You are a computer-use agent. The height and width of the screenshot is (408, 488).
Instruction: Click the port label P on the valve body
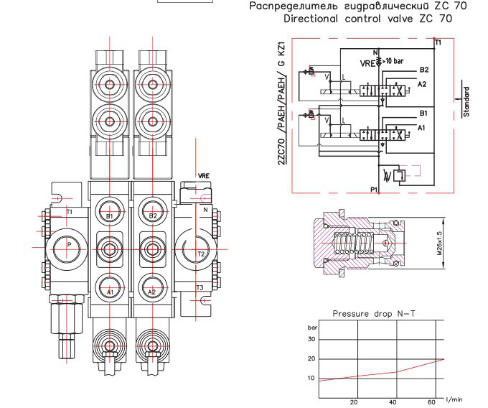[69, 244]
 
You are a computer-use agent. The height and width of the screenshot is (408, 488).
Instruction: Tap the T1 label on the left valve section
[70, 212]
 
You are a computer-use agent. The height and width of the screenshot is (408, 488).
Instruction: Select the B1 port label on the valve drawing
[110, 215]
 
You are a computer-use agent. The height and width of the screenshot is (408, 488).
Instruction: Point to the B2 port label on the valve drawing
[152, 215]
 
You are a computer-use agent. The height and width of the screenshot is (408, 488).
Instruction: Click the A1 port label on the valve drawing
[110, 292]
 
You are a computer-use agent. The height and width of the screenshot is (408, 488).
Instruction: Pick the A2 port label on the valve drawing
[152, 292]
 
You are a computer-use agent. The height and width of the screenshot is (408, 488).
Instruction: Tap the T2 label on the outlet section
[202, 254]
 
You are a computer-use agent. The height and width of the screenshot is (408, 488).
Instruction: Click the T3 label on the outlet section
[202, 287]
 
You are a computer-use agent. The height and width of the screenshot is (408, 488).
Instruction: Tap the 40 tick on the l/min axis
[392, 402]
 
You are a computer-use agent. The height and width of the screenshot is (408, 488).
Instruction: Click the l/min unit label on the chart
[454, 399]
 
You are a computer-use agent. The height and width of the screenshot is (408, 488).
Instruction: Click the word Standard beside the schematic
[466, 101]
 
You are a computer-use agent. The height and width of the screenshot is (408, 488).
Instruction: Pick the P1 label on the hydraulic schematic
[374, 189]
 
